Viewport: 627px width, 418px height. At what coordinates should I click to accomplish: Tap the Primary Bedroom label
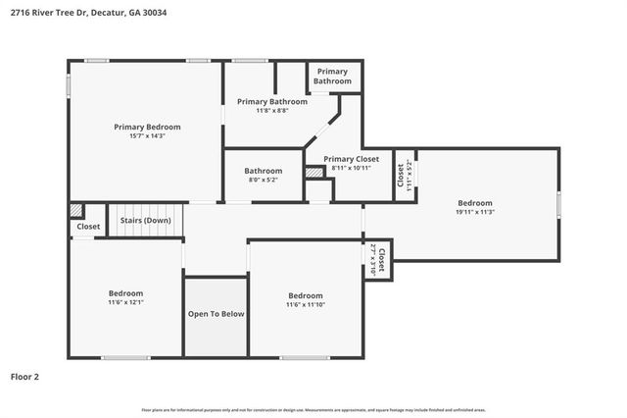point(147,127)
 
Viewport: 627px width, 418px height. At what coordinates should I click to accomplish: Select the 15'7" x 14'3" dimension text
point(147,136)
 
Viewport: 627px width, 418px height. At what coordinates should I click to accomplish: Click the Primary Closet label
point(351,159)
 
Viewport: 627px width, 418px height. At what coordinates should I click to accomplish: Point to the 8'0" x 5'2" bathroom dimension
point(263,181)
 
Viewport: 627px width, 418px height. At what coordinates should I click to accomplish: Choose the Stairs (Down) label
point(145,221)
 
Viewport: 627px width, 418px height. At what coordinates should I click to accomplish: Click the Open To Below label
point(216,314)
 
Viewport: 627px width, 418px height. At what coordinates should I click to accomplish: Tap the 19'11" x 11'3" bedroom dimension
point(474,212)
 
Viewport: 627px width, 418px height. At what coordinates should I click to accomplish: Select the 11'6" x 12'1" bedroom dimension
point(125,303)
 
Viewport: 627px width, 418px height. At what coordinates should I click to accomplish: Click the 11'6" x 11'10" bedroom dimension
point(305,305)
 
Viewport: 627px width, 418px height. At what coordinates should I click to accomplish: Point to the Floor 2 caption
point(24,376)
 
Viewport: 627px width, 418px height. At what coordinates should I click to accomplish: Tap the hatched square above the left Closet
point(75,211)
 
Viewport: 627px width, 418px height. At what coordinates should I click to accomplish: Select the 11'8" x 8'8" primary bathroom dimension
point(272,111)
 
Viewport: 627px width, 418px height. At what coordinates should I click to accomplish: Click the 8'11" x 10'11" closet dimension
point(351,168)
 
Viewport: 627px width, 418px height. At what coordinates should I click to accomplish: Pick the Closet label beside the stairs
point(88,227)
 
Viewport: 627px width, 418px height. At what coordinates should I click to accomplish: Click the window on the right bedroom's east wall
point(559,204)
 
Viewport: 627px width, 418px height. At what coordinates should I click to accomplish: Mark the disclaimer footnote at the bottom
point(313,409)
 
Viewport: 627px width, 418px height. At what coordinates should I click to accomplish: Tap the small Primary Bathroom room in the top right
point(332,77)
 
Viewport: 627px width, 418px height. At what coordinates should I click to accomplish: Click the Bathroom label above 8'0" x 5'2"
point(263,171)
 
